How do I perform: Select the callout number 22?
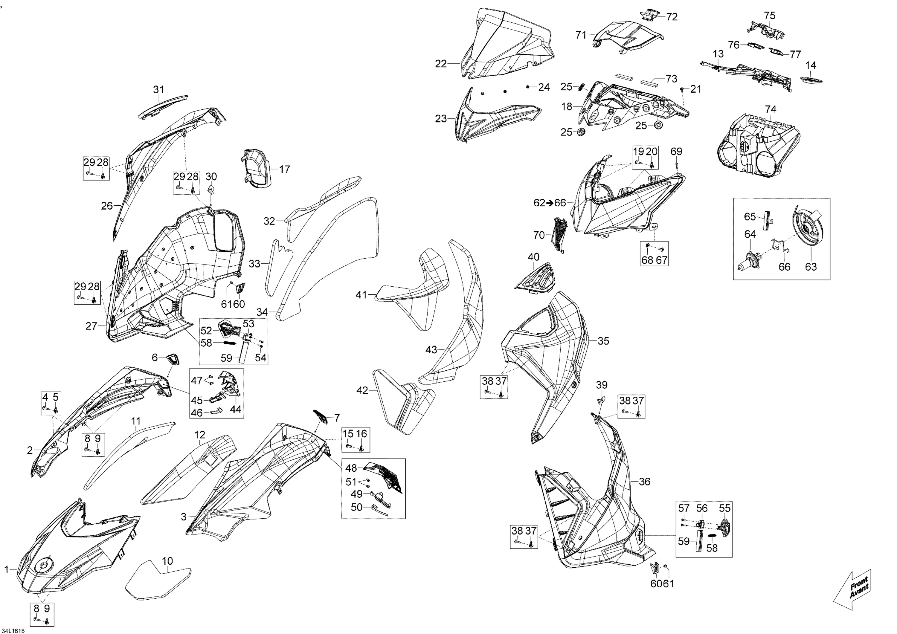click(x=441, y=63)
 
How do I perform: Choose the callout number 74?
click(x=771, y=110)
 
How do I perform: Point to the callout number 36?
click(x=644, y=482)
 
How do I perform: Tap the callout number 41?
click(x=361, y=295)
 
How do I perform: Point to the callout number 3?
click(x=184, y=517)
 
